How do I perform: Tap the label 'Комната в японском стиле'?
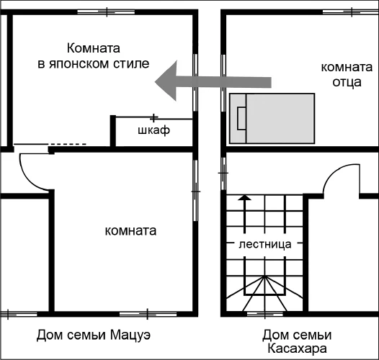click(x=93, y=56)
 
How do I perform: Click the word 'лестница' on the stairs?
click(x=264, y=244)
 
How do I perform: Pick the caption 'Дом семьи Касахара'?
click(x=296, y=342)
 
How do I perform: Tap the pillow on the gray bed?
click(x=241, y=117)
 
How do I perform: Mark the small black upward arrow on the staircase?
click(x=244, y=197)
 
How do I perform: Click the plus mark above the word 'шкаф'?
click(x=153, y=117)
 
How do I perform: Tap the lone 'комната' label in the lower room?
click(x=130, y=231)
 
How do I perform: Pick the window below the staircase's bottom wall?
click(x=264, y=313)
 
